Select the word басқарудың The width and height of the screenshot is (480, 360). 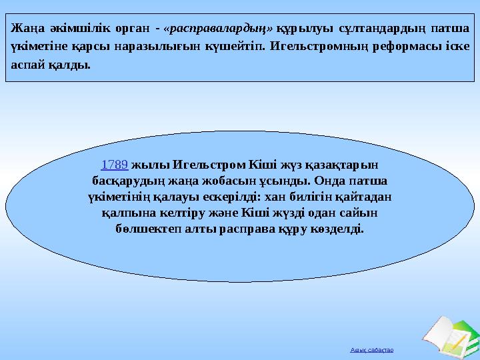(123, 181)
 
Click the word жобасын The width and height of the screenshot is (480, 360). (233, 181)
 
